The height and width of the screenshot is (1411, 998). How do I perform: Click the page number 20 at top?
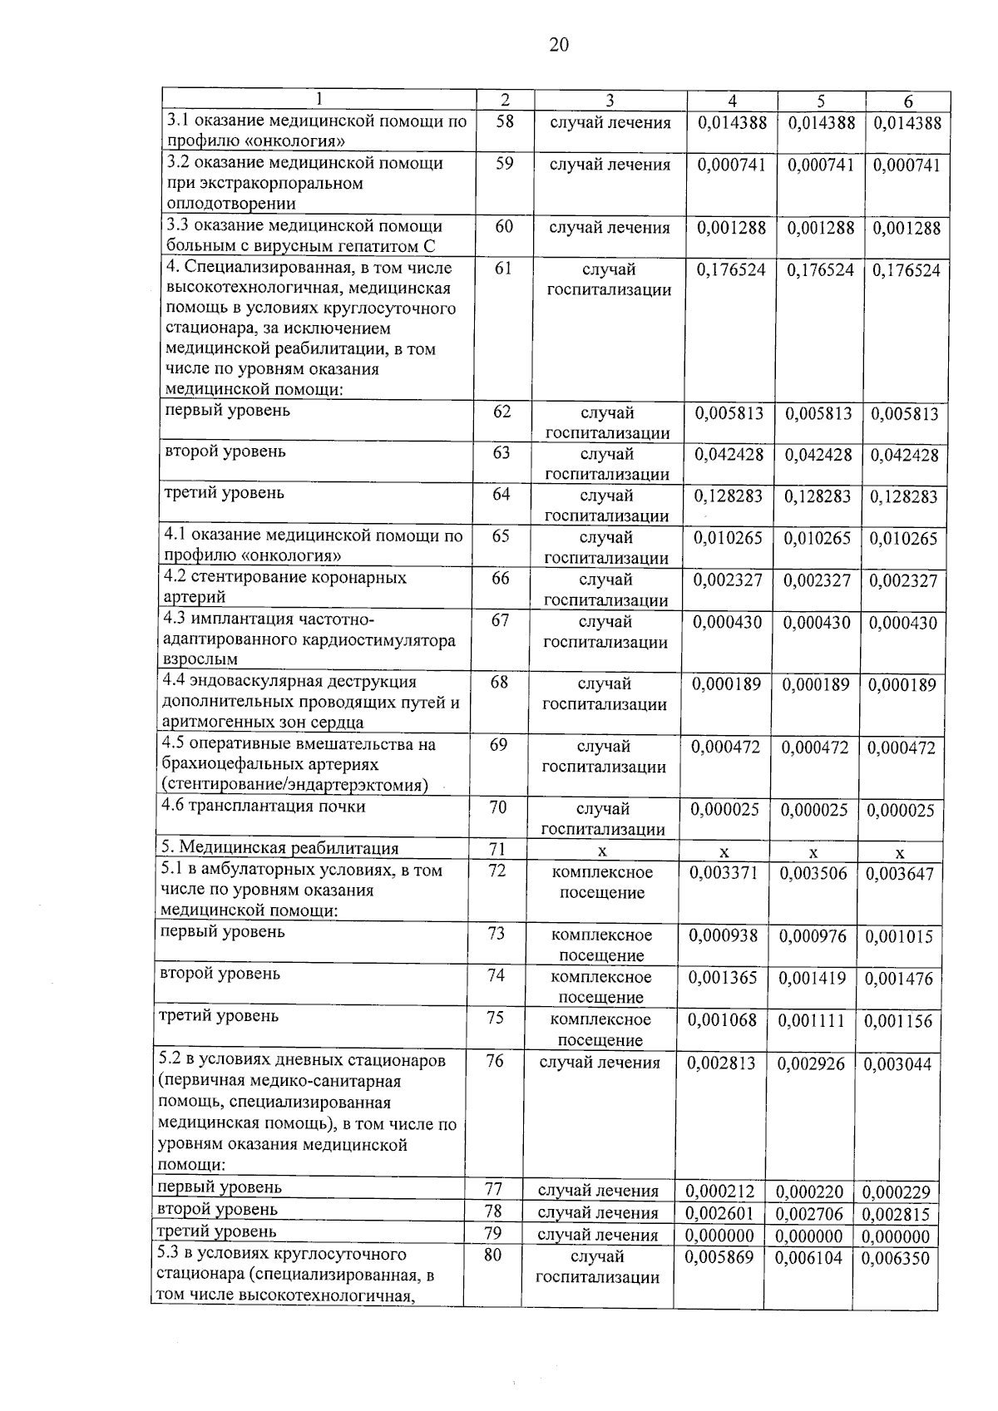(x=559, y=45)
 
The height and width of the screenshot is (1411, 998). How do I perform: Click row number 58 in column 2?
(x=505, y=121)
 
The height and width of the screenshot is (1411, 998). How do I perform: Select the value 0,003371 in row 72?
(x=724, y=873)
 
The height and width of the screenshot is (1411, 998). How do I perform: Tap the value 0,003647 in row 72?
(x=899, y=874)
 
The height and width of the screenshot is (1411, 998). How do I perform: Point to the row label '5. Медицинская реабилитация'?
(x=279, y=848)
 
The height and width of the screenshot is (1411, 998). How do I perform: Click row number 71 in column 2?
(x=497, y=849)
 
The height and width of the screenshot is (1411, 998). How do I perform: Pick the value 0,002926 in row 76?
(x=813, y=1063)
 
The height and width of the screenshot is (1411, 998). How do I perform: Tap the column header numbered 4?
(x=732, y=101)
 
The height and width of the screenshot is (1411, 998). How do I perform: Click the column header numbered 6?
(x=907, y=101)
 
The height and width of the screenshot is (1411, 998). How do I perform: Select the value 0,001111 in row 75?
(x=812, y=1020)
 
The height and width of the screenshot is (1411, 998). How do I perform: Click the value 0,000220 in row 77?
(x=810, y=1191)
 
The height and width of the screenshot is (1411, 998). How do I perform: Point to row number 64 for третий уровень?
(x=501, y=494)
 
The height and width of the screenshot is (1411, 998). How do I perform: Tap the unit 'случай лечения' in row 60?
(x=610, y=227)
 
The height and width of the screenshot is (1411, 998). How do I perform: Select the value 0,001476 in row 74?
(x=899, y=979)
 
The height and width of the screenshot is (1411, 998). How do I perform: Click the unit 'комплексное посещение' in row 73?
(x=601, y=945)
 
